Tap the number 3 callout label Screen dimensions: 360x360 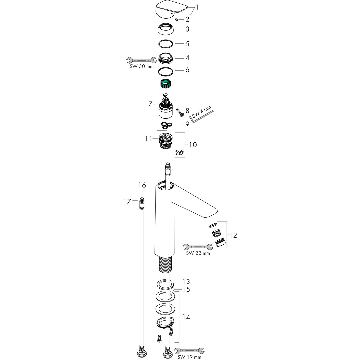[187, 29]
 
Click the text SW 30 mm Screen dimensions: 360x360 [142, 67]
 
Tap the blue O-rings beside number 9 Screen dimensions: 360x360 [167, 125]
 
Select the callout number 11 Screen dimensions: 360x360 [148, 139]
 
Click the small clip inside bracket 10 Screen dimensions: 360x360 [179, 152]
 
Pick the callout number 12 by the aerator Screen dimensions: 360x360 [233, 235]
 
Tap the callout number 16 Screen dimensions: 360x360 [142, 185]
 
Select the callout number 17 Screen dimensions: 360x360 [127, 201]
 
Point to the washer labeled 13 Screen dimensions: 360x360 [165, 284]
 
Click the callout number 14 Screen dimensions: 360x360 [186, 317]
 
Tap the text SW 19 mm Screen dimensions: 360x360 [189, 357]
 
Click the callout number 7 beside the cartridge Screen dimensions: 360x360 [150, 104]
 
